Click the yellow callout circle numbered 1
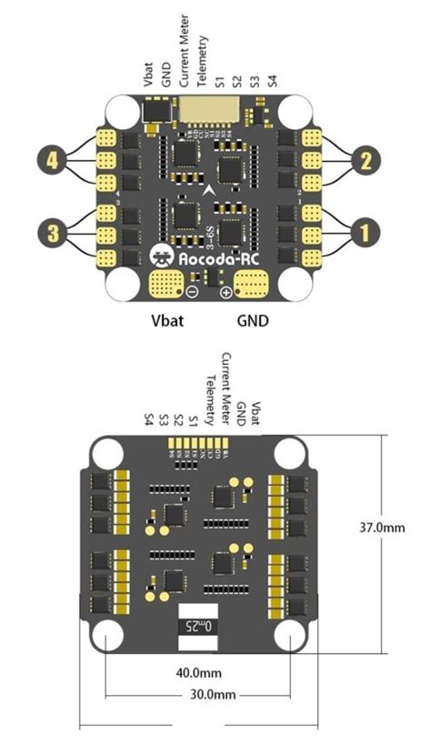pos(365,233)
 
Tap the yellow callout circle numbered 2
pos(365,162)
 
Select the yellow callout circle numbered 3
pos(53,233)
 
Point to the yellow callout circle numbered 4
pos(53,162)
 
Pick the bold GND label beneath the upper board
pos(252,321)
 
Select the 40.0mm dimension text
pos(198,674)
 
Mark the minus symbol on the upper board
pos(192,291)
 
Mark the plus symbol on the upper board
pos(226,291)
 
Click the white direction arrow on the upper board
pos(211,189)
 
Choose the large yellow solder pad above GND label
pos(251,286)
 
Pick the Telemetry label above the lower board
pos(210,400)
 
